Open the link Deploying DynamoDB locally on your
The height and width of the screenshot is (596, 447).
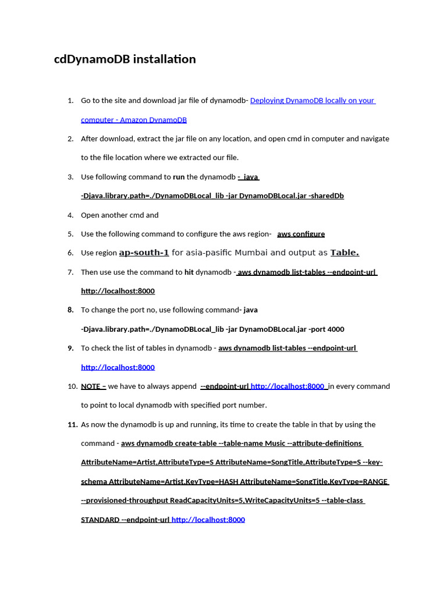[x=313, y=101]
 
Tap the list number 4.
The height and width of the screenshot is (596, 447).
[x=70, y=215]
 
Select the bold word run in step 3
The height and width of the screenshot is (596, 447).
[x=179, y=177]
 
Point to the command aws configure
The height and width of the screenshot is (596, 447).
[x=301, y=234]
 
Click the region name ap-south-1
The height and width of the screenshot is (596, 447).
[x=144, y=253]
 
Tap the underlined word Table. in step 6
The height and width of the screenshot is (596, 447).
[x=345, y=253]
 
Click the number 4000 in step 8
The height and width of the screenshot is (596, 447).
[x=336, y=329]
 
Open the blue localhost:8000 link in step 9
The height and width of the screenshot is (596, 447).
[x=118, y=367]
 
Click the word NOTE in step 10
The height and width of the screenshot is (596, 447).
[x=91, y=386]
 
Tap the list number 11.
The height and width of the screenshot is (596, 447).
[x=73, y=425]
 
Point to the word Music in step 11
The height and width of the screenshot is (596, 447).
[x=275, y=444]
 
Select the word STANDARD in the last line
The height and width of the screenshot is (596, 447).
[x=100, y=520]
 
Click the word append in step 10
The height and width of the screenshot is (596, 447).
[x=183, y=386]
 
